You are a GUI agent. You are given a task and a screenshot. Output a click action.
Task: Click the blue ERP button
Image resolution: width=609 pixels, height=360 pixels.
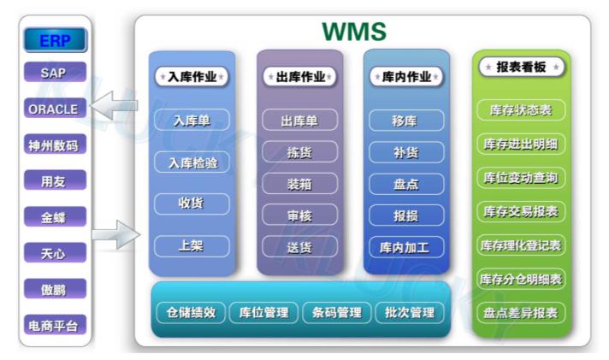coord(55,39)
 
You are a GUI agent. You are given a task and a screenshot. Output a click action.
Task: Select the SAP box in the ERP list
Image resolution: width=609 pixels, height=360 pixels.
coord(55,72)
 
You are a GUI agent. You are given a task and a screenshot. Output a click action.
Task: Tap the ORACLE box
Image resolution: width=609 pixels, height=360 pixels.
coord(55,109)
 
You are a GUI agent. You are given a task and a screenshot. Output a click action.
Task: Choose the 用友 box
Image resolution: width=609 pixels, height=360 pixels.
coord(55,180)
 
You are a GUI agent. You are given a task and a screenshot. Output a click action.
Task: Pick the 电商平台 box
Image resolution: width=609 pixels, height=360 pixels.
coord(55,325)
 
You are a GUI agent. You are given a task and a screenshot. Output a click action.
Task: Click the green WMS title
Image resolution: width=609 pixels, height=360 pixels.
coord(354,32)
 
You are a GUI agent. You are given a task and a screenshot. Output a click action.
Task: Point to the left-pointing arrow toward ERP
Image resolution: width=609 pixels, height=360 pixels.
coord(115,105)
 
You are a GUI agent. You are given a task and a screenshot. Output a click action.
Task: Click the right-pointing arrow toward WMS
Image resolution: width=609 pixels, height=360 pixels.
coord(115,234)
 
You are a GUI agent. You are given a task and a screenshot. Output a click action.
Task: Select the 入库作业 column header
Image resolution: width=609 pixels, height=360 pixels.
coord(192,76)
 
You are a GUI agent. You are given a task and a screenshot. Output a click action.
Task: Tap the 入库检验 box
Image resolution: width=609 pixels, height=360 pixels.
coord(192,162)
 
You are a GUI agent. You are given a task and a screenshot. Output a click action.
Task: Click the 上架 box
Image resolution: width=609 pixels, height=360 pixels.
coord(192,245)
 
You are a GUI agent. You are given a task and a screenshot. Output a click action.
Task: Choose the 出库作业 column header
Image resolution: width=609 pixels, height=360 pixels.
coord(300,76)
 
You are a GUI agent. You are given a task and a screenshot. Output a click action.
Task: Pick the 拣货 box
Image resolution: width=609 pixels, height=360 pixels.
coord(300,152)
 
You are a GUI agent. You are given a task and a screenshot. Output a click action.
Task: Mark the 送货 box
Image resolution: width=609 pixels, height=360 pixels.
coord(300,247)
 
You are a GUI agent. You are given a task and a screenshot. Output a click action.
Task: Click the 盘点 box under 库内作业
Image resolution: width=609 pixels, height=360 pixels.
coord(406,184)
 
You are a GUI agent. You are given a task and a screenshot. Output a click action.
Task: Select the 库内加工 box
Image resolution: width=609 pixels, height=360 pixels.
coord(406,247)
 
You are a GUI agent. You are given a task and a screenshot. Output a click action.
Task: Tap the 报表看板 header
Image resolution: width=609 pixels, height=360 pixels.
coord(521,67)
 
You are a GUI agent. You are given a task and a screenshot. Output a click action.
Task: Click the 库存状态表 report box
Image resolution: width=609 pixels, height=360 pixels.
coord(521,110)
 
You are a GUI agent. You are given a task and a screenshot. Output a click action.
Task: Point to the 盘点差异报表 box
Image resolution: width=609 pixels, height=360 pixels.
coord(521,313)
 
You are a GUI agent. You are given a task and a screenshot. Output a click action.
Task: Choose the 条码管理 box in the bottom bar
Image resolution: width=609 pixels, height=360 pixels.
coord(337,313)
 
